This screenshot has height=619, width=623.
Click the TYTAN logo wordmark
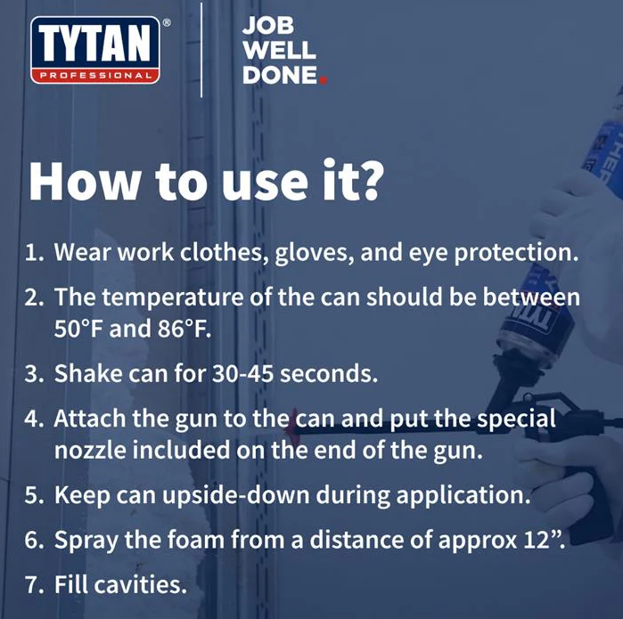coord(95,44)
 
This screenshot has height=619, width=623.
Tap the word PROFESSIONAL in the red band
coord(95,76)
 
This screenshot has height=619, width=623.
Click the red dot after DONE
coord(323,80)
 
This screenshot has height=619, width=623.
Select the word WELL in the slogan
coord(279,51)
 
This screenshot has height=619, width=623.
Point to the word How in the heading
coord(84,181)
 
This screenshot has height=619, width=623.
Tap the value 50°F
coord(78,329)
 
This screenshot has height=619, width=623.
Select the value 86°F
coord(184,329)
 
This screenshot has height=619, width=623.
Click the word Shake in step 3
coord(88,373)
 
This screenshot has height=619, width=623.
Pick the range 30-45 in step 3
coord(242,373)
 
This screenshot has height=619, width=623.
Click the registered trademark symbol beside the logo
coord(167,23)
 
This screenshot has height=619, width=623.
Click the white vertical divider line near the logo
coord(201,50)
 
